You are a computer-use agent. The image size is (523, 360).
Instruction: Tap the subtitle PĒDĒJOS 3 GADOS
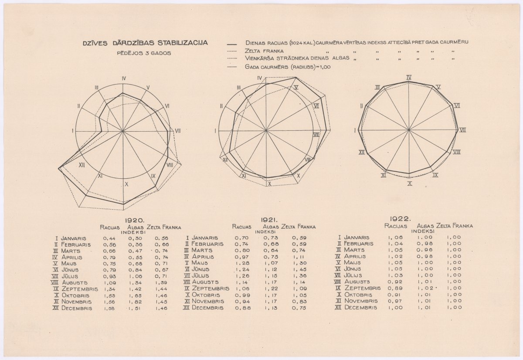pyautogui.click(x=143, y=53)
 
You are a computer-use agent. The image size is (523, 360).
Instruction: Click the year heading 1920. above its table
pyautogui.click(x=135, y=221)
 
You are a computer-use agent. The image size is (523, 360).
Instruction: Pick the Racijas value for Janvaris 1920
pyautogui.click(x=109, y=238)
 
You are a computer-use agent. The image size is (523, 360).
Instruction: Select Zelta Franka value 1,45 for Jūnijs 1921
pyautogui.click(x=299, y=269)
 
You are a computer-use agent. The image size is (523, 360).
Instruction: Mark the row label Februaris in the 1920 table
pyautogui.click(x=76, y=245)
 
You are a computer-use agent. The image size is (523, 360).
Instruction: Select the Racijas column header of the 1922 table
pyautogui.click(x=396, y=226)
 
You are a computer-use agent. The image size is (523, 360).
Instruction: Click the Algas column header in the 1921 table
pyautogui.click(x=271, y=227)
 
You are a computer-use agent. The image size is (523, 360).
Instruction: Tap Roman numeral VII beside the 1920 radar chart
pyautogui.click(x=178, y=130)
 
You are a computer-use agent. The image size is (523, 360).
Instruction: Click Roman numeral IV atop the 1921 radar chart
pyautogui.click(x=259, y=78)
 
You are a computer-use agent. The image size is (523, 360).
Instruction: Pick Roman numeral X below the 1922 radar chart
pyautogui.click(x=410, y=183)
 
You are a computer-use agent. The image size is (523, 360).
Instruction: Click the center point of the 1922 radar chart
pyautogui.click(x=409, y=130)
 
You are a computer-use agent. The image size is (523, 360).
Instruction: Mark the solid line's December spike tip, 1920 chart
pyautogui.click(x=59, y=168)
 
